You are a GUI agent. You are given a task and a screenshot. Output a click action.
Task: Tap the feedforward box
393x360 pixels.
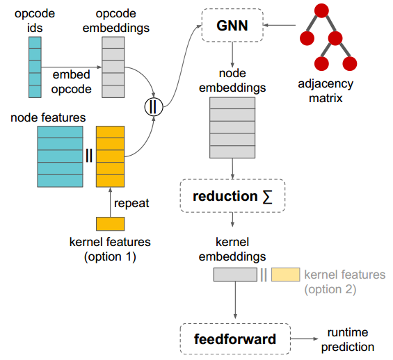(x=234, y=339)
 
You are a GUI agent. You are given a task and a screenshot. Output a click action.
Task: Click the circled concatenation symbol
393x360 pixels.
(x=152, y=108)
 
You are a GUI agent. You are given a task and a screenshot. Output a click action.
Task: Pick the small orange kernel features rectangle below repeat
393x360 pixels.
(x=110, y=223)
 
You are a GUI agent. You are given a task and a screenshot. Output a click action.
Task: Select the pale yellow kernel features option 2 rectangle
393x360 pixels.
(x=285, y=275)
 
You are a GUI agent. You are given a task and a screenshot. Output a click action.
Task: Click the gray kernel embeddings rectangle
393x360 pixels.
(x=235, y=275)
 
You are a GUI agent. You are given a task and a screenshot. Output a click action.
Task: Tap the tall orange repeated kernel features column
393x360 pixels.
(x=109, y=156)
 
